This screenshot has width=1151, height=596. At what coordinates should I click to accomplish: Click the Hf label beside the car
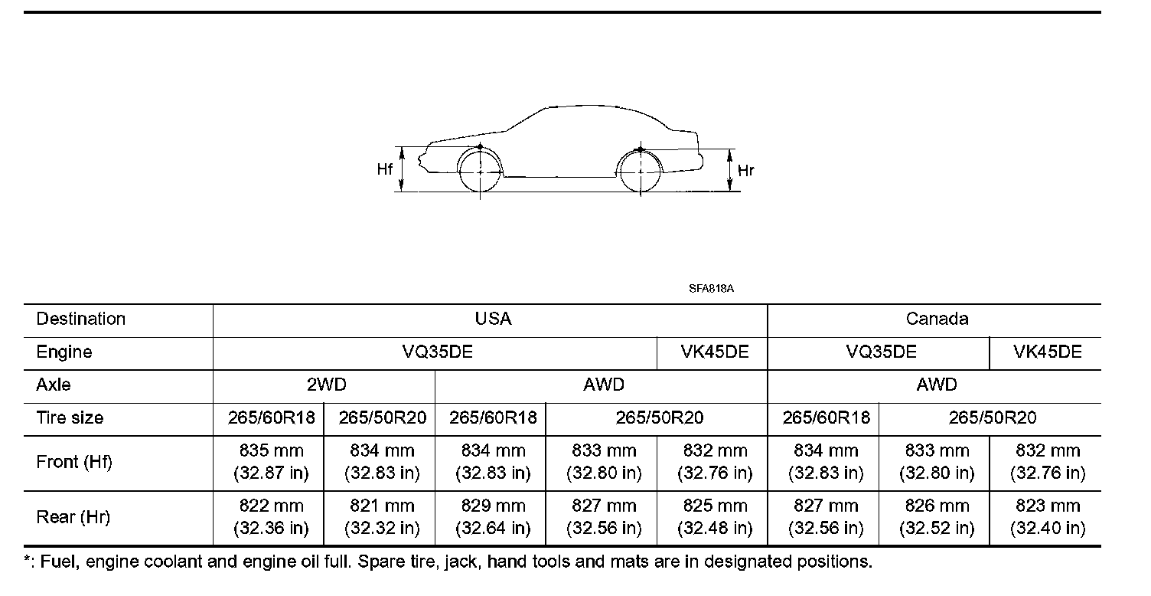pyautogui.click(x=384, y=169)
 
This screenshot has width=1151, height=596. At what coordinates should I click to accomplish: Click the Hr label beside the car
pyautogui.click(x=745, y=171)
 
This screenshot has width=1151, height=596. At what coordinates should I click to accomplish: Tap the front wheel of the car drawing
pyautogui.click(x=480, y=172)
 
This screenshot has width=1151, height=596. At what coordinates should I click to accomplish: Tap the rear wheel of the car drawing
pyautogui.click(x=641, y=172)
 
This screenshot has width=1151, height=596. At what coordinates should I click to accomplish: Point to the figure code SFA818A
pyautogui.click(x=711, y=289)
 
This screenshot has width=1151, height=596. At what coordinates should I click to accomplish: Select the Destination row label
pyautogui.click(x=80, y=319)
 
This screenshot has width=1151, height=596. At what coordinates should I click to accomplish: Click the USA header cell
pyautogui.click(x=493, y=319)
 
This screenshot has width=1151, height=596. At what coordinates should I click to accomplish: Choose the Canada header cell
pyautogui.click(x=937, y=319)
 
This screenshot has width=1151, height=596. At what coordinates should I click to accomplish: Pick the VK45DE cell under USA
pyautogui.click(x=715, y=352)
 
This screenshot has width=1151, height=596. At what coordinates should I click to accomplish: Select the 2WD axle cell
pyautogui.click(x=327, y=385)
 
